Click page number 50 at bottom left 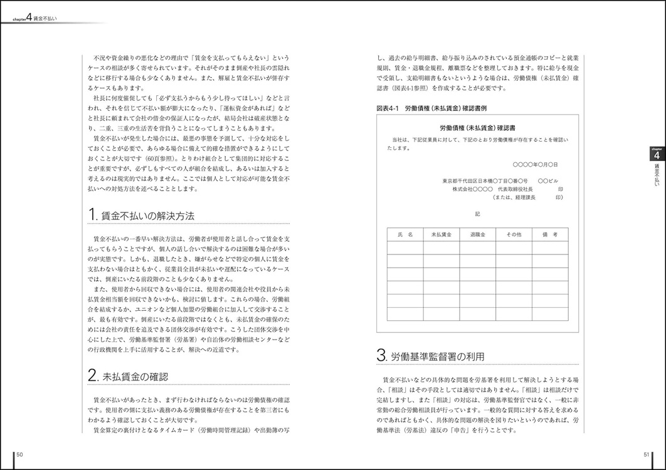click(x=20, y=454)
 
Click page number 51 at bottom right click(x=647, y=454)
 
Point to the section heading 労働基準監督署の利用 click(x=436, y=357)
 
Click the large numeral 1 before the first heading click(x=92, y=215)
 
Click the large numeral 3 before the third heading click(x=381, y=356)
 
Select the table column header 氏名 click(x=405, y=234)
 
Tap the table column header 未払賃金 click(x=441, y=234)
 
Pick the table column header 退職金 click(x=477, y=234)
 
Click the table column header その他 click(x=513, y=234)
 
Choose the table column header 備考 click(x=549, y=234)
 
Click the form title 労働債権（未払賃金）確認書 click(x=477, y=127)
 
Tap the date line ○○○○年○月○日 click(x=534, y=164)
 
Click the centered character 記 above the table click(x=477, y=214)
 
